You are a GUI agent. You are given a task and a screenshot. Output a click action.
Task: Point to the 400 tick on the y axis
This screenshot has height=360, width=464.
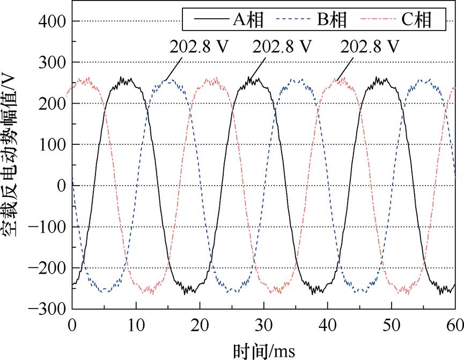pos(53,21)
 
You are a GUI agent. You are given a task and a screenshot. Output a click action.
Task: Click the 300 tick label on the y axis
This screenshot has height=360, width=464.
pos(53,63)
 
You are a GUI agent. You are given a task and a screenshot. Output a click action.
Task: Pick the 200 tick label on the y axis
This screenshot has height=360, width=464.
pos(53,104)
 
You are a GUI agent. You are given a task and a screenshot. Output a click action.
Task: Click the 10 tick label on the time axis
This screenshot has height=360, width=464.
pos(136,325)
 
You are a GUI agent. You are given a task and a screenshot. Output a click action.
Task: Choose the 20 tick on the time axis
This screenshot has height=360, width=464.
pos(200,325)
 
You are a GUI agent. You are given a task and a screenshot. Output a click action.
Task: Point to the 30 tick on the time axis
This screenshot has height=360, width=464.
pos(263,325)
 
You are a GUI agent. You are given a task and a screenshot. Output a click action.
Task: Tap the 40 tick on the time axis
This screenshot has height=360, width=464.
pos(327,325)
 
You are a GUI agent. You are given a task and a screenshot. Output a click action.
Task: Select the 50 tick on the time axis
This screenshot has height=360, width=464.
pos(392,325)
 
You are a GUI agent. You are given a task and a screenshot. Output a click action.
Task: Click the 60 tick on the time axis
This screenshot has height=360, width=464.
pos(454,325)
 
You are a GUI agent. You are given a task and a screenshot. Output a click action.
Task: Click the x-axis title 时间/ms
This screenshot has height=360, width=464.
pos(263,350)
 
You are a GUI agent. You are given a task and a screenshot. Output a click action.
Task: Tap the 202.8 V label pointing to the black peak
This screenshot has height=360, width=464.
pos(283,47)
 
